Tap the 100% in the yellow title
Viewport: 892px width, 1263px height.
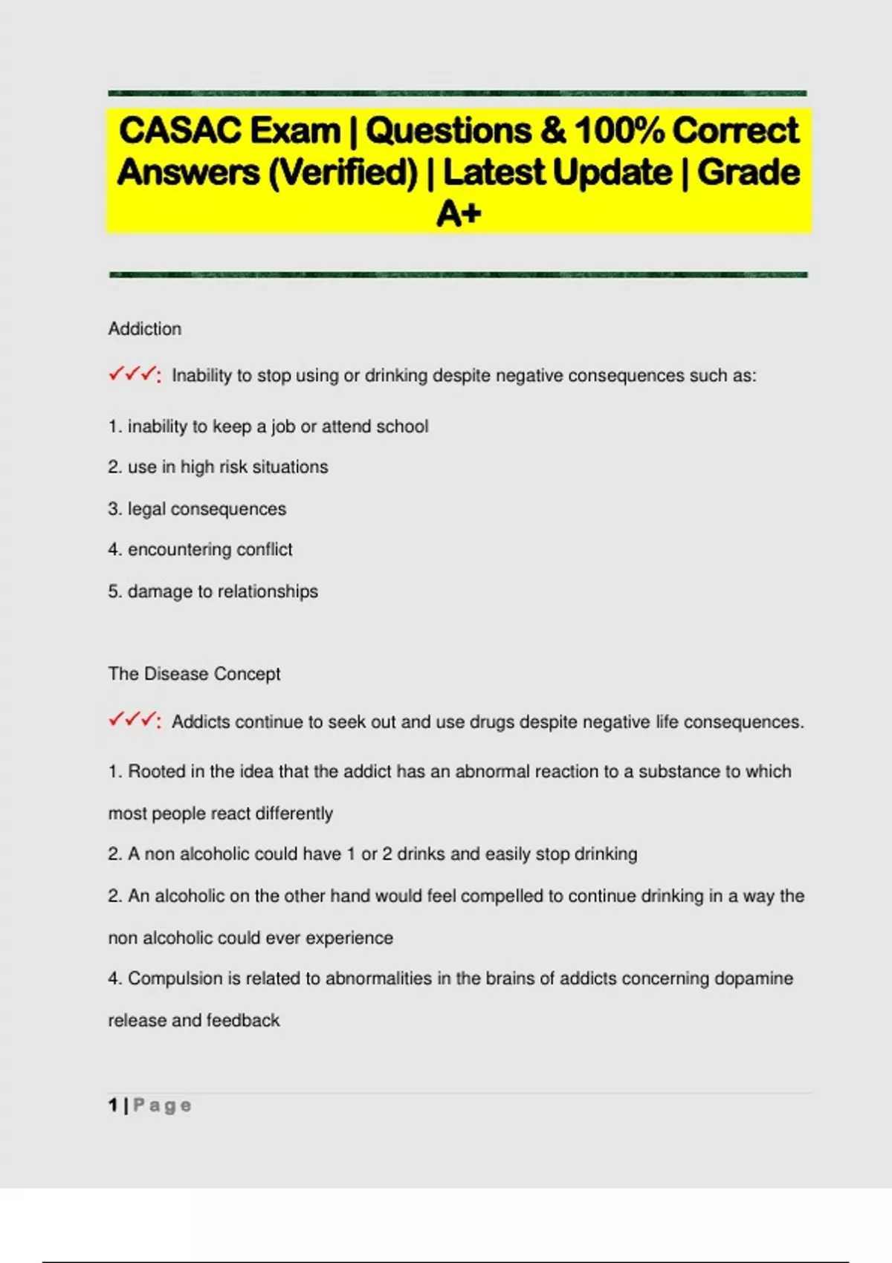pos(619,131)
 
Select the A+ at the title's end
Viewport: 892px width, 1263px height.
pos(459,214)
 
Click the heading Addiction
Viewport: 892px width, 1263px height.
pos(145,328)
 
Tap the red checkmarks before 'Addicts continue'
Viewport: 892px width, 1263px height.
pos(134,720)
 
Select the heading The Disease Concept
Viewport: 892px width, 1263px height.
pos(194,674)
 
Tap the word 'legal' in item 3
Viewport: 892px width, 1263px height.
pos(146,509)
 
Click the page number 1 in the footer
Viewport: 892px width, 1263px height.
pos(113,1105)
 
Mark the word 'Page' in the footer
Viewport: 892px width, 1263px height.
pos(162,1105)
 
